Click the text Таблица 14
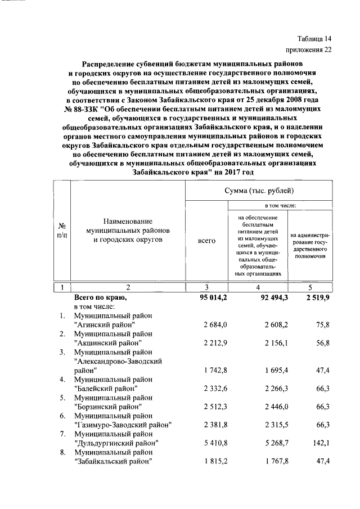point(315,39)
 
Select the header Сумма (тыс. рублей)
point(259,192)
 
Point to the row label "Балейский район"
point(106,388)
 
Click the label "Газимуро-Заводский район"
point(122,424)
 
